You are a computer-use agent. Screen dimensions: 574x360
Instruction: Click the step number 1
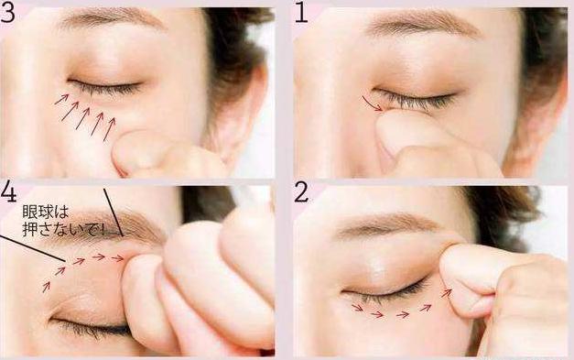tap(300, 14)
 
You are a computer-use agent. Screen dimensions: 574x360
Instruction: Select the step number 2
tap(301, 192)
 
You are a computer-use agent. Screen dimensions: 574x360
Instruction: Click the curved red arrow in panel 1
tap(371, 104)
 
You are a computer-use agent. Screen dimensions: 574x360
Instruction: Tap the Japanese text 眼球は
tap(46, 212)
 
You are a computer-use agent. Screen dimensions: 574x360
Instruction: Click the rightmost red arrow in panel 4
tap(118, 258)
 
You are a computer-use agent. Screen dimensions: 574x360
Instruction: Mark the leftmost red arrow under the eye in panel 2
tap(358, 309)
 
